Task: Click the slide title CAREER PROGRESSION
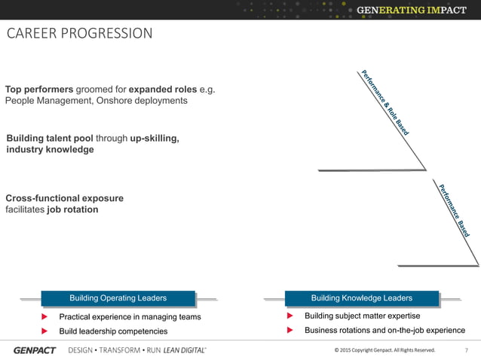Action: point(79,34)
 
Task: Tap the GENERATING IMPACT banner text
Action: point(416,10)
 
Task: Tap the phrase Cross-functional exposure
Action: point(64,198)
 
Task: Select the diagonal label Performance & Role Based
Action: point(385,103)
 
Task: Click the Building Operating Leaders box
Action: point(118,298)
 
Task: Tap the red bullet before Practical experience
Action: point(44,317)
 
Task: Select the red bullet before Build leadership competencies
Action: point(44,331)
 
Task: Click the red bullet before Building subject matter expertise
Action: point(290,316)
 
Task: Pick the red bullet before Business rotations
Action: point(290,331)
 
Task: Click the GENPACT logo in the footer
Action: point(35,350)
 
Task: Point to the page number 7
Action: point(467,350)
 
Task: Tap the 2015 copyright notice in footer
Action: point(384,350)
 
